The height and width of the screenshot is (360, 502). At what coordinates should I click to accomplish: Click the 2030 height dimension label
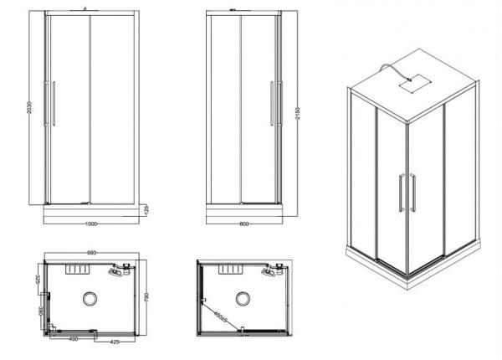tap(30, 110)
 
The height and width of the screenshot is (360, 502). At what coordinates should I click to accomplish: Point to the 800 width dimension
tap(243, 224)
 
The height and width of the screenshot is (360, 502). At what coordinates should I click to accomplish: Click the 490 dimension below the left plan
tap(74, 340)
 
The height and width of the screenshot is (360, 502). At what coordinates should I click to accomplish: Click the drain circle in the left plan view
tap(90, 297)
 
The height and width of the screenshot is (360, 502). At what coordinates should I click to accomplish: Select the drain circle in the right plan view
tap(243, 298)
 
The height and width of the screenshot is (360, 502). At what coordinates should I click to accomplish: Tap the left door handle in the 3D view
tap(402, 192)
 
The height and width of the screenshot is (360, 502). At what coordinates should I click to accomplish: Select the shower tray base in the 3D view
tap(410, 268)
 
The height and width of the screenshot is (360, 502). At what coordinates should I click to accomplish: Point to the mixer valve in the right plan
tap(269, 271)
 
